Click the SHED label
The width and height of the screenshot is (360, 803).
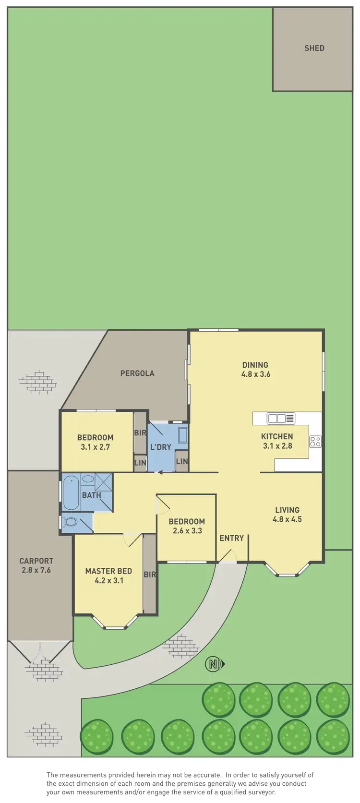[x=314, y=48]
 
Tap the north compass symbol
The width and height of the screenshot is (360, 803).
[x=215, y=664]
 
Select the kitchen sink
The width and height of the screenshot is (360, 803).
[x=281, y=419]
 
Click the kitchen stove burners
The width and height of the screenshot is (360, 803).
[x=315, y=442]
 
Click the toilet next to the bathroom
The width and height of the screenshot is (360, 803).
[x=70, y=522]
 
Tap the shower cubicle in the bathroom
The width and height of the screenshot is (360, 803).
[x=104, y=481]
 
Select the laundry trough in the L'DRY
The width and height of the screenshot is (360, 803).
[x=183, y=435]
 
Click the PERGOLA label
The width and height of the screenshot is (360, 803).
[x=137, y=373]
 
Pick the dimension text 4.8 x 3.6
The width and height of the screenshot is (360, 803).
[x=255, y=374]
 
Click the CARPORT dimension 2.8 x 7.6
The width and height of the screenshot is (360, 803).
[x=36, y=570]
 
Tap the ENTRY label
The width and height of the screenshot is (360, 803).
[x=231, y=538]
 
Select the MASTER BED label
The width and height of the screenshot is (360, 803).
[x=108, y=571]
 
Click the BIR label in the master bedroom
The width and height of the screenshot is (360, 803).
[x=150, y=574]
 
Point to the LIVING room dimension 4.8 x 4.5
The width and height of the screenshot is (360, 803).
[x=287, y=519]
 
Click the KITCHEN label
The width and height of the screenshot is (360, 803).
[x=277, y=436]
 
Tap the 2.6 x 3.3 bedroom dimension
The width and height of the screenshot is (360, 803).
[x=187, y=531]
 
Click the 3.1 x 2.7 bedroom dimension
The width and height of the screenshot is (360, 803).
[x=95, y=447]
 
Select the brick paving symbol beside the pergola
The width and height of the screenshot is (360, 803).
[x=37, y=382]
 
